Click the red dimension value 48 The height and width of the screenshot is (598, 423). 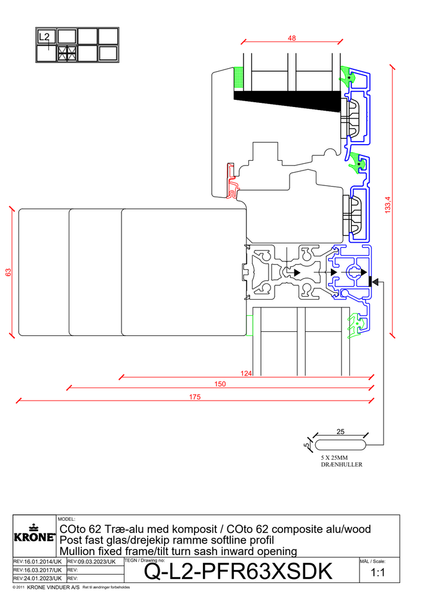292,38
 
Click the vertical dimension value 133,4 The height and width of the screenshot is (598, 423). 388,205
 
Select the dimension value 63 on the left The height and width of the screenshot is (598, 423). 8,272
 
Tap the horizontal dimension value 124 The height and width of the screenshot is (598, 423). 246,373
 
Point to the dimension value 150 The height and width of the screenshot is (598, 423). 220,384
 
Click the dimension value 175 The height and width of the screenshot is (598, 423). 195,397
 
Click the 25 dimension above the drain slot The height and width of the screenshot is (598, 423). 340,432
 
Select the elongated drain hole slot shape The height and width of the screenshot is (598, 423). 340,445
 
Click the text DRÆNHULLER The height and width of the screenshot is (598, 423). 342,465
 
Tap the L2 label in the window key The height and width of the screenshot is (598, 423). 44,37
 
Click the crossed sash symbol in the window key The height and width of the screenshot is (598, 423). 67,53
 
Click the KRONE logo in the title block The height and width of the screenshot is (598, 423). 34,534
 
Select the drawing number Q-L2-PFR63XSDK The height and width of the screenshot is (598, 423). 238,572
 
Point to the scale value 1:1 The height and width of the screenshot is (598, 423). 378,572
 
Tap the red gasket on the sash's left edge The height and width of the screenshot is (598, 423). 232,181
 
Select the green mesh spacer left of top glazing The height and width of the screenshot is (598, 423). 238,79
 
